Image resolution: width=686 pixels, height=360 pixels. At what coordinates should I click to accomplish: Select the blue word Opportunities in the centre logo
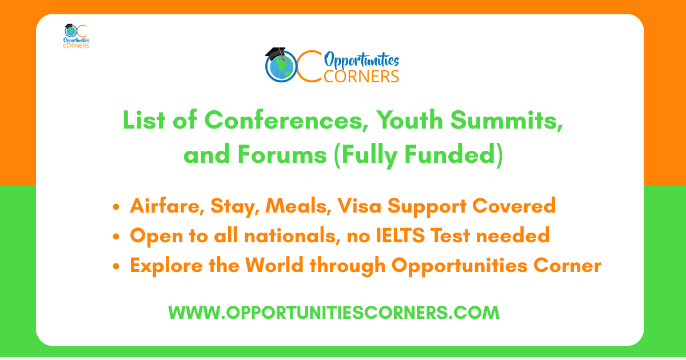[361, 60]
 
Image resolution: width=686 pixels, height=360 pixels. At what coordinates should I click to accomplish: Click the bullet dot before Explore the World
[116, 267]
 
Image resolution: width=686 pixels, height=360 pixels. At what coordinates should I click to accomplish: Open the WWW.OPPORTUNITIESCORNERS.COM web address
[334, 313]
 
